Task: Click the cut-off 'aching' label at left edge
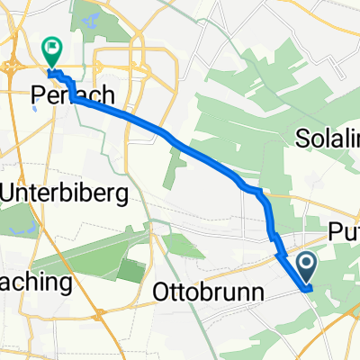36,283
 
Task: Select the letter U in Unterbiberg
13,192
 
